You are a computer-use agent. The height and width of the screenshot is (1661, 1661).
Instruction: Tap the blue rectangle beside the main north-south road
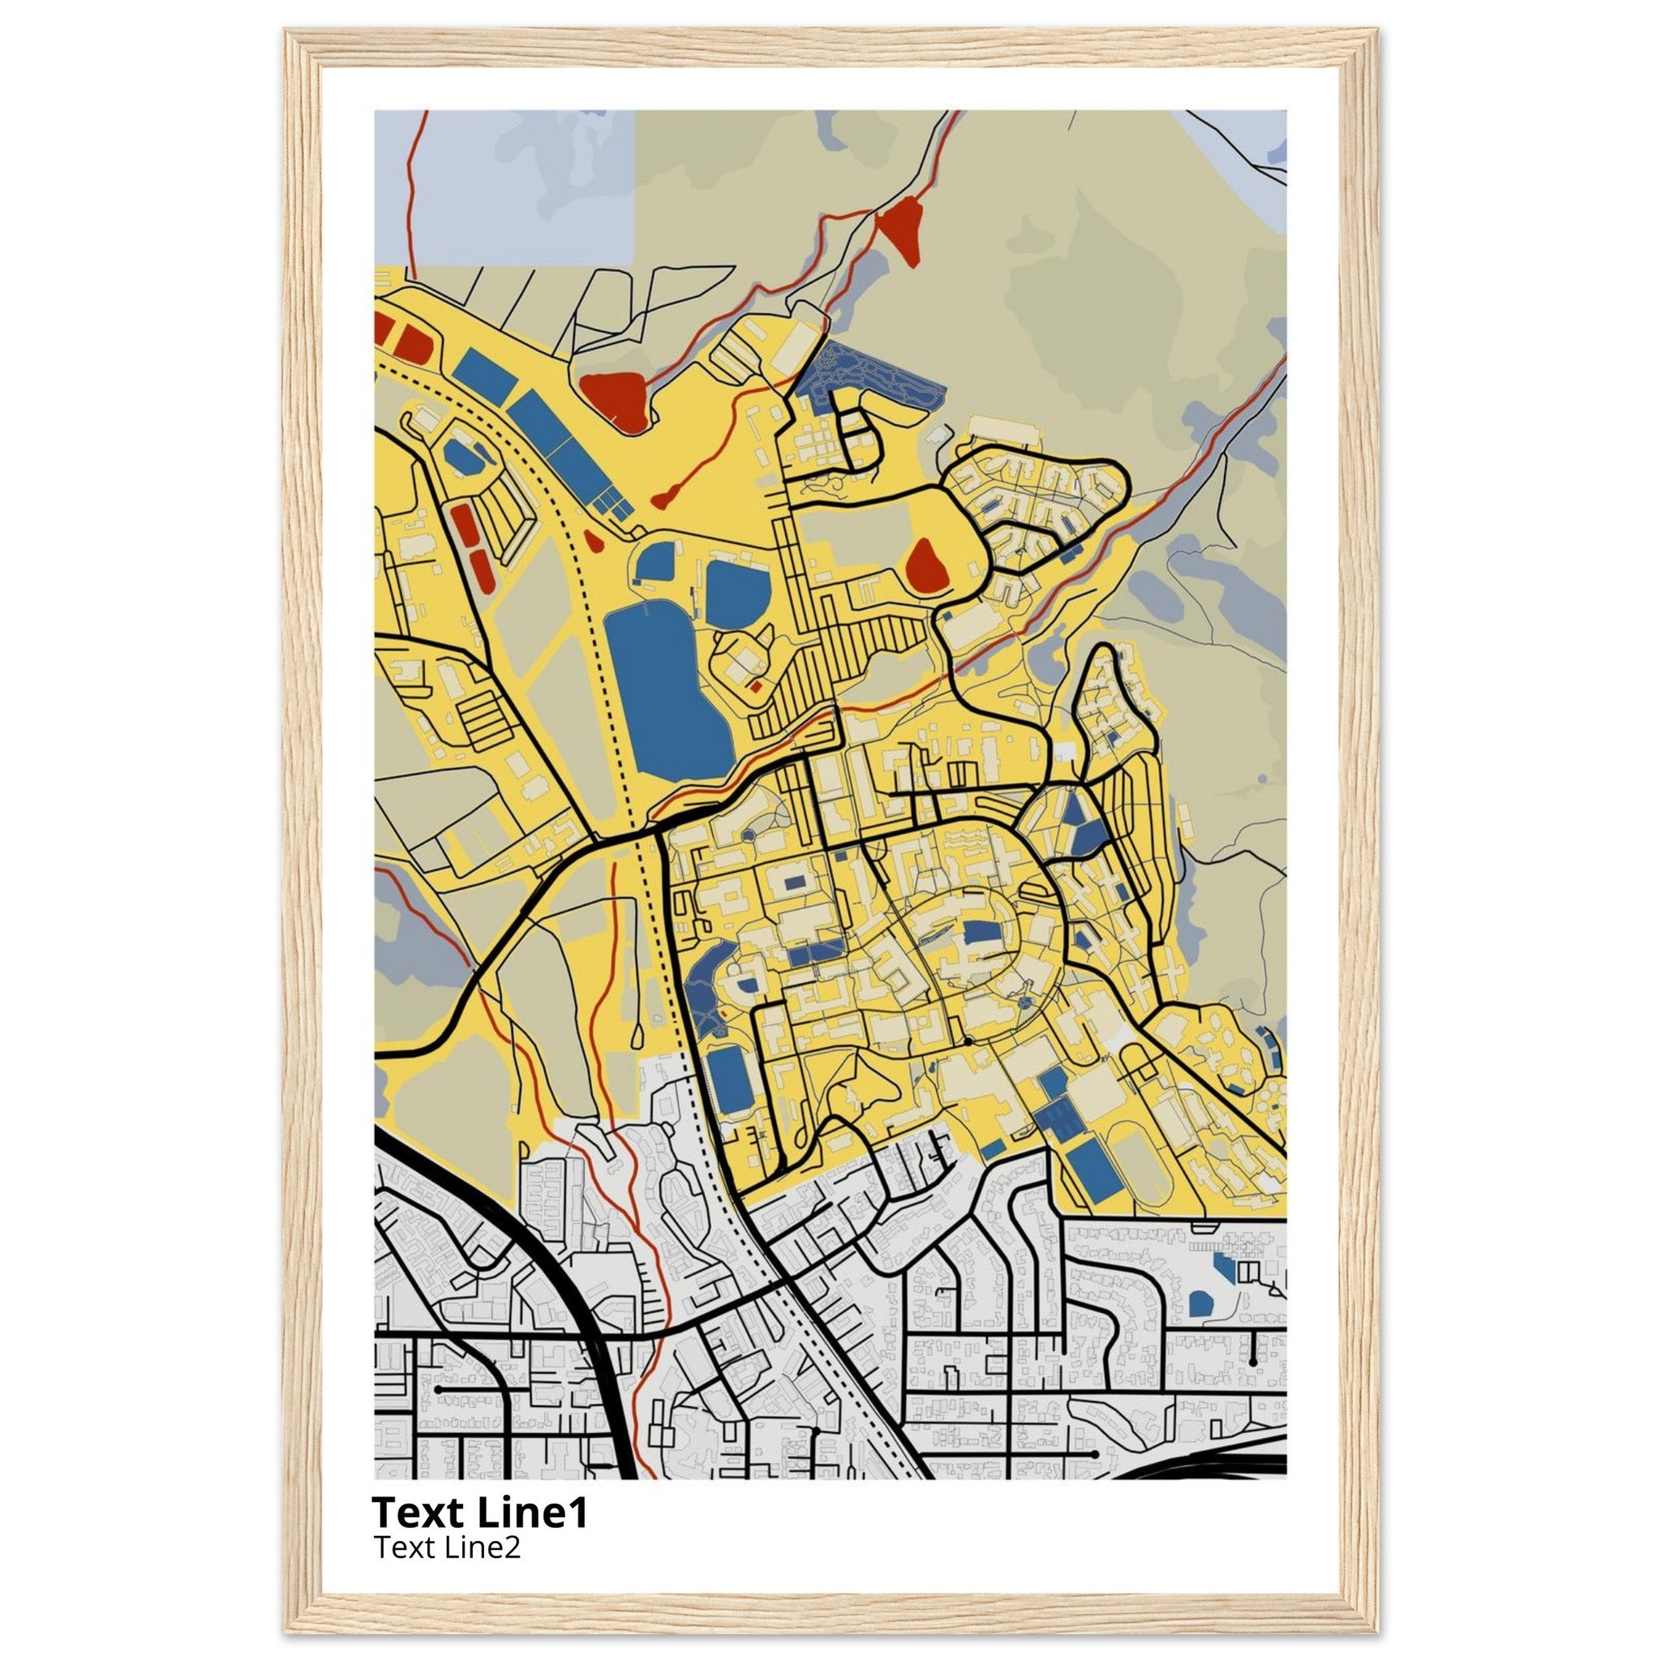point(730,1076)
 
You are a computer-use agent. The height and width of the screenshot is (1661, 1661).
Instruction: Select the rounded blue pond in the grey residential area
point(1200,1303)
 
